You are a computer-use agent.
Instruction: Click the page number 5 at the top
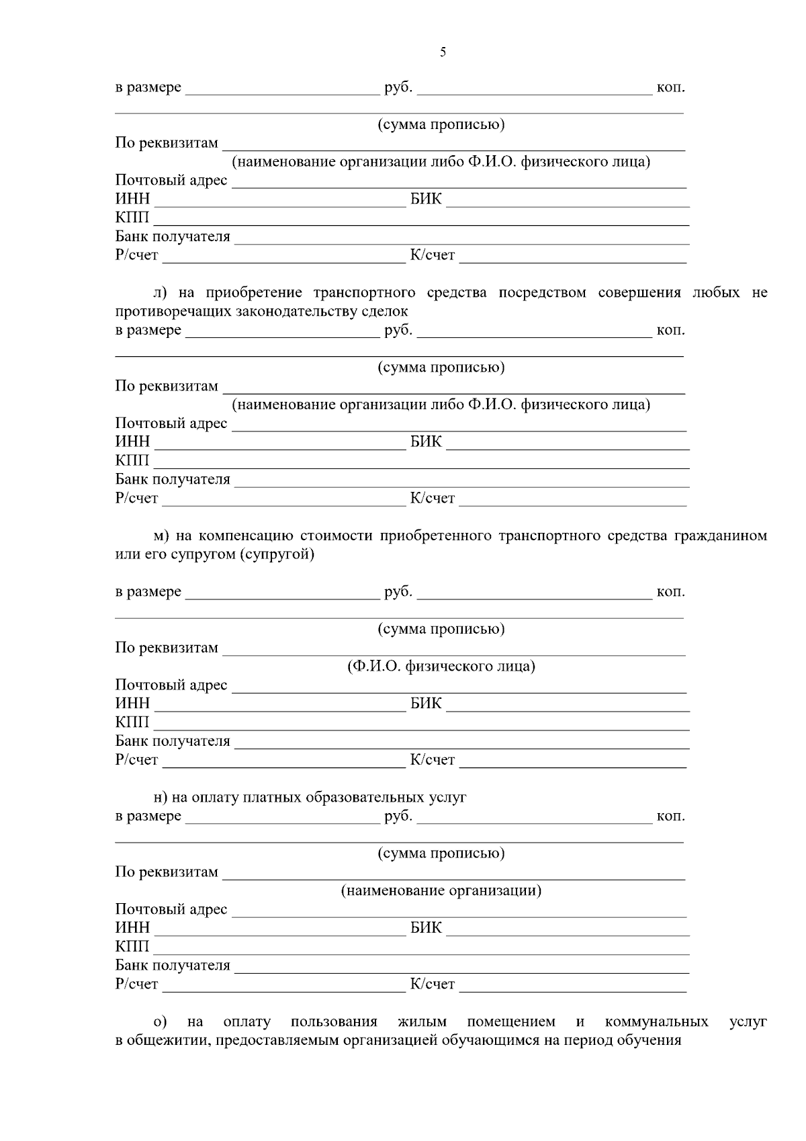pyautogui.click(x=443, y=52)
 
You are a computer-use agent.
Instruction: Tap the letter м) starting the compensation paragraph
pyautogui.click(x=160, y=536)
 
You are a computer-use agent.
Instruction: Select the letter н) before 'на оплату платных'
pyautogui.click(x=160, y=798)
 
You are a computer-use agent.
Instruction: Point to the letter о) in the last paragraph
pyautogui.click(x=160, y=1022)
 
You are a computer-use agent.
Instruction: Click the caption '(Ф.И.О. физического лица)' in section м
pyautogui.click(x=441, y=667)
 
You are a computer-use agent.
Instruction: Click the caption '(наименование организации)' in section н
pyautogui.click(x=441, y=891)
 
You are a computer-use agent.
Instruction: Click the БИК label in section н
pyautogui.click(x=426, y=928)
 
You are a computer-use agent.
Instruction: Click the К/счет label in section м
pyautogui.click(x=432, y=760)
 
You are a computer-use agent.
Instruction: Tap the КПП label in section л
pyautogui.click(x=132, y=461)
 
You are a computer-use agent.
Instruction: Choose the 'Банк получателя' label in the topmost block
pyautogui.click(x=173, y=237)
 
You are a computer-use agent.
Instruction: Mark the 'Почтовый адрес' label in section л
pyautogui.click(x=171, y=423)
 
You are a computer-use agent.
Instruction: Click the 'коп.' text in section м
pyautogui.click(x=670, y=592)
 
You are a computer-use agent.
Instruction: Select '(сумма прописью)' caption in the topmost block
pyautogui.click(x=441, y=124)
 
